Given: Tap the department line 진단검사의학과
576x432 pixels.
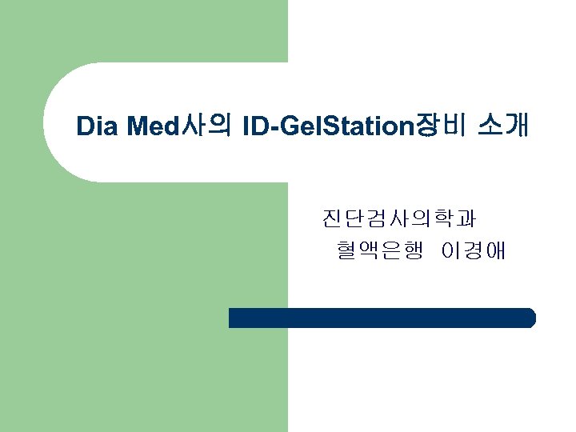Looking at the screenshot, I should coord(398,218).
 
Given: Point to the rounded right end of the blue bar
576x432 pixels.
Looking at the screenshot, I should coord(530,318).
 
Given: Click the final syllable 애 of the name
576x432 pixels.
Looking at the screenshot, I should coord(495,252).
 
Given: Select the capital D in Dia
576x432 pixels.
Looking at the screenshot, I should coord(85,126).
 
